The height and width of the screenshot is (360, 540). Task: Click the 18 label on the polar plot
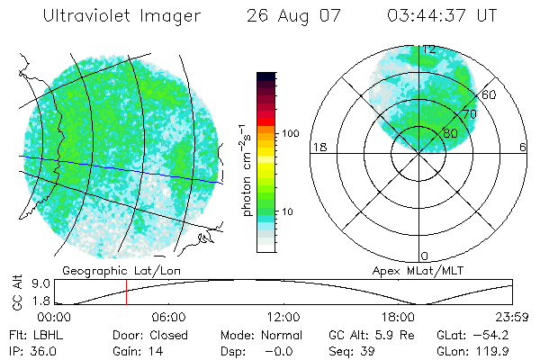point(318,147)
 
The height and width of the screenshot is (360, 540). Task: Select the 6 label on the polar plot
point(523,147)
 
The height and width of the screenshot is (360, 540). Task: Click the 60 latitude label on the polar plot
point(490,94)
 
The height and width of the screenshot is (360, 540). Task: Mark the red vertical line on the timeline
point(126,292)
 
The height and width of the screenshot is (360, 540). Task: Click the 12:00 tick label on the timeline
point(283,317)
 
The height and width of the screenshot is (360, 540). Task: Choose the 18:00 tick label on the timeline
point(397,317)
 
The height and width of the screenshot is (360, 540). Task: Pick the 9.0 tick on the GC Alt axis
point(40,283)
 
